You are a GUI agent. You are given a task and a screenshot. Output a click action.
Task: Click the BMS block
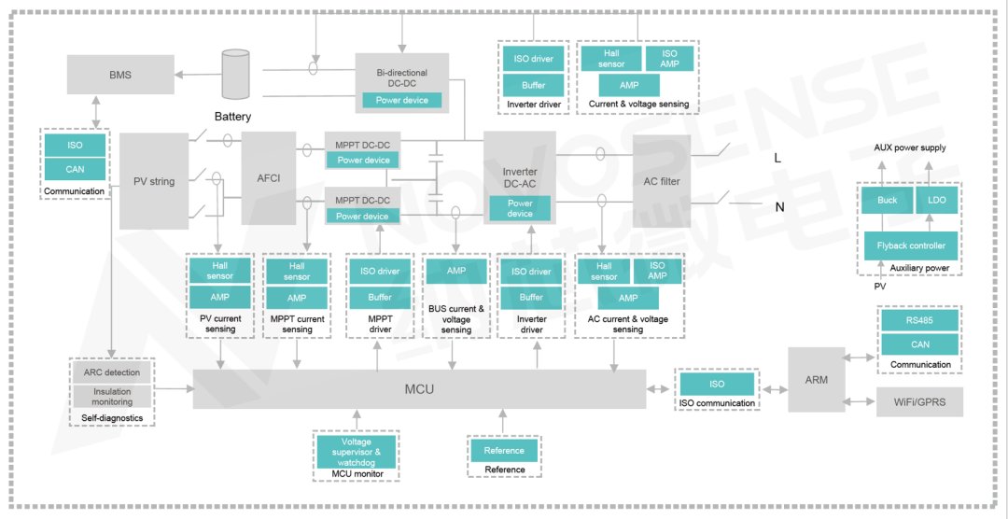120,74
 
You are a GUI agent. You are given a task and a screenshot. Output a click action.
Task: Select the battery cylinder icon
236,75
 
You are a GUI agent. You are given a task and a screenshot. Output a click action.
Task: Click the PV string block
154,181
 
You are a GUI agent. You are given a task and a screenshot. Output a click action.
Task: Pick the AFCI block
269,177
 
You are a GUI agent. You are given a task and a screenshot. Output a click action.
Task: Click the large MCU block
419,388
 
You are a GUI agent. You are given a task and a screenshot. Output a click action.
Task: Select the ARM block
816,379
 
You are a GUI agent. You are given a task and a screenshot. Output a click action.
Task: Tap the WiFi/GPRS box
919,402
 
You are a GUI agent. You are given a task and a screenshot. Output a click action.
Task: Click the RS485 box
919,321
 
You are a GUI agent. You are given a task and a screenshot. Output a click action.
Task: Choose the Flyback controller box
910,245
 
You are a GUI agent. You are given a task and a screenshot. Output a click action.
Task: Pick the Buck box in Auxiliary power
887,200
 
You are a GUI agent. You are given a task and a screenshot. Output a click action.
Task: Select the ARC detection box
112,372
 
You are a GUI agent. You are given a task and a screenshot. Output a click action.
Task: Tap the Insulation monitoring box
112,396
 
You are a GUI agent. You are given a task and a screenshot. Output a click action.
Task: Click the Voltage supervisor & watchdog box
356,452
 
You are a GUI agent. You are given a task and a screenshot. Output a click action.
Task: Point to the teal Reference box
504,451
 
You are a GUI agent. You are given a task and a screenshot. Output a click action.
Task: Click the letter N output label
779,207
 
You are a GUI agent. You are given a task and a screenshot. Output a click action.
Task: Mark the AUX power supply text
909,147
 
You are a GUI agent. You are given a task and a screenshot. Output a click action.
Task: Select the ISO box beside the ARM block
717,384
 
